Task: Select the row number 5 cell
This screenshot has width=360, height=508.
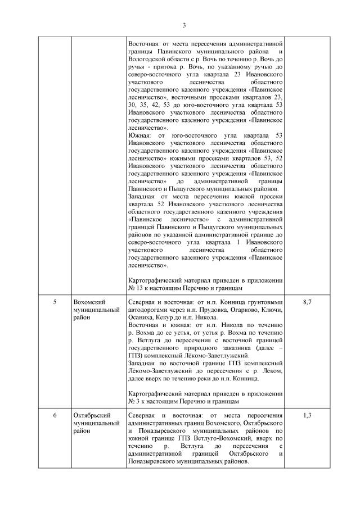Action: pyautogui.click(x=55, y=302)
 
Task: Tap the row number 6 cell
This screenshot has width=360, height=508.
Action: pyautogui.click(x=55, y=415)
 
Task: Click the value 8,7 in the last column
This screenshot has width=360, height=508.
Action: pyautogui.click(x=307, y=302)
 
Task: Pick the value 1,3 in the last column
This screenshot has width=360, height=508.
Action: pyautogui.click(x=307, y=415)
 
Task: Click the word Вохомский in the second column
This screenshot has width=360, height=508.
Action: pyautogui.click(x=90, y=302)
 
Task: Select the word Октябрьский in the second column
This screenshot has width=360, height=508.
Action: pyautogui.click(x=92, y=415)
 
